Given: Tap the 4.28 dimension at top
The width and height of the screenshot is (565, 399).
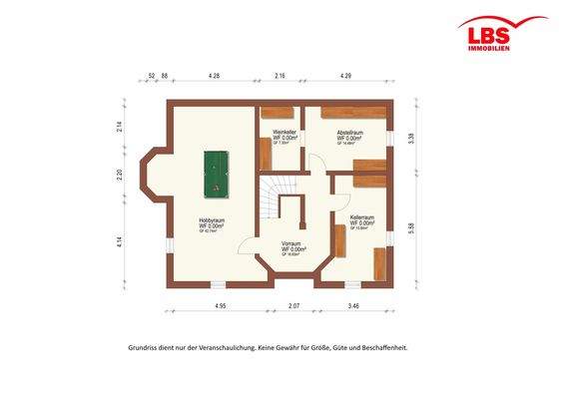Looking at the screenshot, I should point(214,76).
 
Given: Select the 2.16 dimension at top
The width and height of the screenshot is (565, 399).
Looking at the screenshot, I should point(281,76).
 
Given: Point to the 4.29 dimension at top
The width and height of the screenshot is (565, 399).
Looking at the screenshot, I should point(345,76).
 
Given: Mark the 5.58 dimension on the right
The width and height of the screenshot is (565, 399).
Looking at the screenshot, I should point(412,228).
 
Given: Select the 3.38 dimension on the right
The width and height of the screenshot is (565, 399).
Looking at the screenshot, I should point(412,140).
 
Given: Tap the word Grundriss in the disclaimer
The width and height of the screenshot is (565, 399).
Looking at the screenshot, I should point(144,348).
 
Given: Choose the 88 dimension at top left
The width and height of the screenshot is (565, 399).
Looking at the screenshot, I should point(165,76).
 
